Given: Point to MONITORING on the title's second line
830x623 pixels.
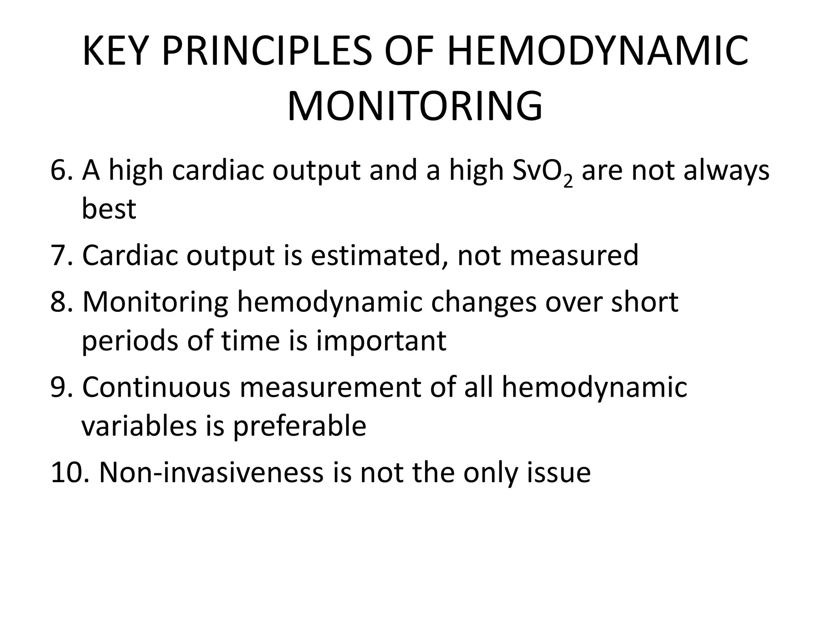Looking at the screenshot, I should coord(415,107).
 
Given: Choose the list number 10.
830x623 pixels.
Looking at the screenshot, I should coord(69,473).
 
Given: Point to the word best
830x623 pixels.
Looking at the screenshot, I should coord(109,209).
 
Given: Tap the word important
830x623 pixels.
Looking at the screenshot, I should coord(381,341).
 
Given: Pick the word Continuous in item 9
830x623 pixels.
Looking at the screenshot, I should coord(156,387).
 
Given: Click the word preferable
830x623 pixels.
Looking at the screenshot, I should coord(299,426).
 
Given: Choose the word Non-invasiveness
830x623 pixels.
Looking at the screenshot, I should coord(211,473).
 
